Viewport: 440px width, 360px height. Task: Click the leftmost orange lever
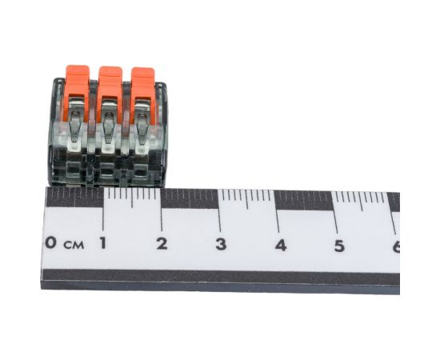tap(77, 90)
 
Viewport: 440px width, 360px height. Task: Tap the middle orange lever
tap(110, 90)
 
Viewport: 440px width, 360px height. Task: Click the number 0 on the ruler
tap(51, 242)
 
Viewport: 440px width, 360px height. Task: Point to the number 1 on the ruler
tap(103, 243)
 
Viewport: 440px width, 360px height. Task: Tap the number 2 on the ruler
tap(162, 243)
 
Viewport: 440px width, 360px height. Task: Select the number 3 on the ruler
tap(221, 244)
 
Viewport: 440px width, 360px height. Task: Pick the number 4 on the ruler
tap(281, 245)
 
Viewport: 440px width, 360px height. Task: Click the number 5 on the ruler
tap(339, 246)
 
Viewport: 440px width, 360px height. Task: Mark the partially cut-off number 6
tap(396, 246)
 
